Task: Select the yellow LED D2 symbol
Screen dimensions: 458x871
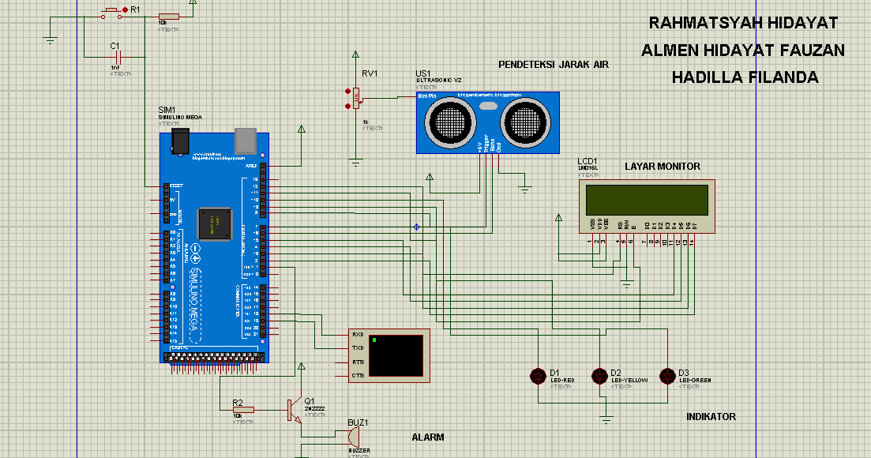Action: click(601, 376)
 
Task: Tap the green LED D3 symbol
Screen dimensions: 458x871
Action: click(669, 376)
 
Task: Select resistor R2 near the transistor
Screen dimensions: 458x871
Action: click(242, 410)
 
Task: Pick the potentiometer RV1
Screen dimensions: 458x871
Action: click(356, 99)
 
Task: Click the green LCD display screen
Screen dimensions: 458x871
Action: click(645, 200)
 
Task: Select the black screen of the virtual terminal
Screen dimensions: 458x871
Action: click(395, 355)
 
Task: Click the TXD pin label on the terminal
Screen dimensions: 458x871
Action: click(357, 347)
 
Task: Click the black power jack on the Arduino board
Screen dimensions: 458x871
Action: click(181, 142)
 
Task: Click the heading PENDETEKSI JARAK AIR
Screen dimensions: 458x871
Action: click(553, 65)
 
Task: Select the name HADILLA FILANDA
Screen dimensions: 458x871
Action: click(744, 77)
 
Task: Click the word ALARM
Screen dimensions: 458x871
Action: click(428, 437)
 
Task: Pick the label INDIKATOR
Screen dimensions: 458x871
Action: click(711, 417)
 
